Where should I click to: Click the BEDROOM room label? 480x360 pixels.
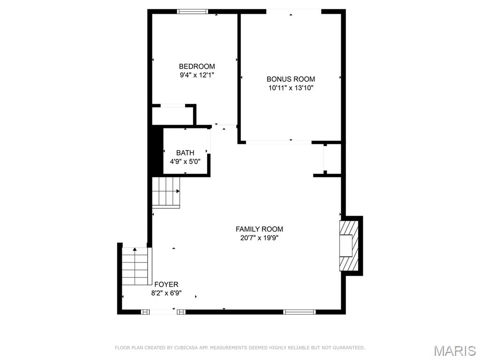[197, 67]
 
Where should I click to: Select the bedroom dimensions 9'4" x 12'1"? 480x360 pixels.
[197, 75]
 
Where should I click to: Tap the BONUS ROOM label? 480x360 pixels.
[291, 79]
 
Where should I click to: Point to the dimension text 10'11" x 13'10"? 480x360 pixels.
[291, 88]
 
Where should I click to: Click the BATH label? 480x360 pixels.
[185, 153]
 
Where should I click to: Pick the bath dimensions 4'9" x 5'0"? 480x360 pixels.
[185, 161]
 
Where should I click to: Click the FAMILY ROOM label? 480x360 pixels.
[259, 229]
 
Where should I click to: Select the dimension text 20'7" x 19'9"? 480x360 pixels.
[259, 238]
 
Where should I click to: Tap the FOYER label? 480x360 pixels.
[166, 285]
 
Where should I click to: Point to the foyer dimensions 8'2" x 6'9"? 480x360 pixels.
[166, 293]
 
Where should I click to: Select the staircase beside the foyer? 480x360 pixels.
[135, 267]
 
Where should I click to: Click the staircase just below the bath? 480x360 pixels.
[166, 192]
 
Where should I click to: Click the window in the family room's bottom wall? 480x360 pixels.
[300, 311]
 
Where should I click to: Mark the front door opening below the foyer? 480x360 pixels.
[164, 311]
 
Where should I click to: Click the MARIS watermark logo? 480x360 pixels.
[454, 351]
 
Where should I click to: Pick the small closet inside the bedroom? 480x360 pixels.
[172, 115]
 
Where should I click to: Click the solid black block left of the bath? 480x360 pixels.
[155, 150]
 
